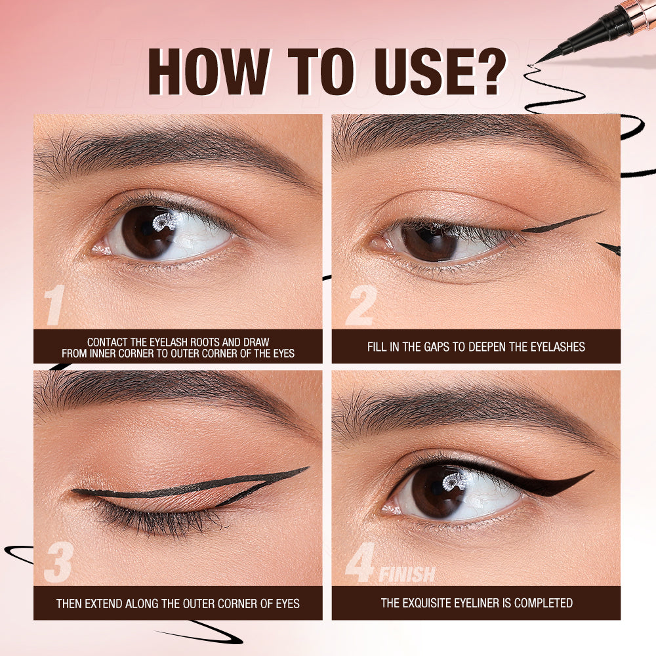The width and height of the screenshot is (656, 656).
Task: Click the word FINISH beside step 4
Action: [407, 575]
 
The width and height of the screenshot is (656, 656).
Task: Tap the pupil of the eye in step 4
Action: [438, 494]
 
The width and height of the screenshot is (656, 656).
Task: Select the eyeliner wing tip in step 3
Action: [306, 468]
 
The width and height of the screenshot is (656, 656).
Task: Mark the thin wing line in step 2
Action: [564, 222]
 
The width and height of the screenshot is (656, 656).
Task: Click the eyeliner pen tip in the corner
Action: [538, 60]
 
